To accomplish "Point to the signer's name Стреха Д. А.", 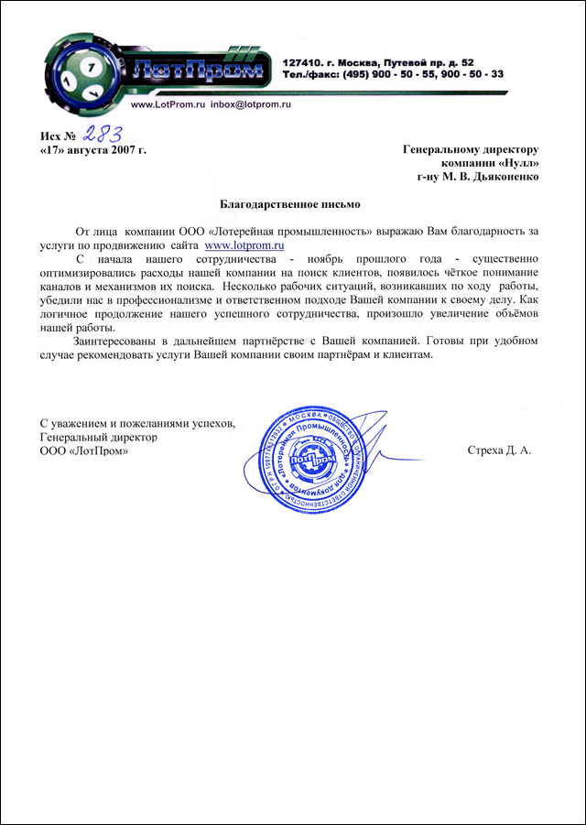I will (499, 451).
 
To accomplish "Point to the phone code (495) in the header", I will (360, 74).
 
